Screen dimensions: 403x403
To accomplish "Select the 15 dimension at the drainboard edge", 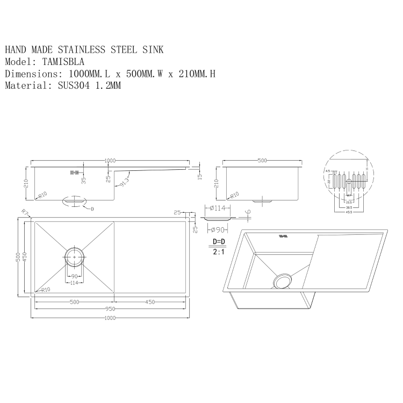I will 199,175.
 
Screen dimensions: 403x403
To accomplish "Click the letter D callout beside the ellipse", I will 92,208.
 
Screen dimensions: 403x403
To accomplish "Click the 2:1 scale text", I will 219,251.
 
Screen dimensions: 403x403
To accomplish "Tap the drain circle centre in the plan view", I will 74,257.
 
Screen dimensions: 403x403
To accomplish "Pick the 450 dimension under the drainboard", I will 150,302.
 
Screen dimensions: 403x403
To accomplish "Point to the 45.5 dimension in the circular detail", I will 349,212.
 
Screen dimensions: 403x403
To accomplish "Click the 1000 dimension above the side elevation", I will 110,161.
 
